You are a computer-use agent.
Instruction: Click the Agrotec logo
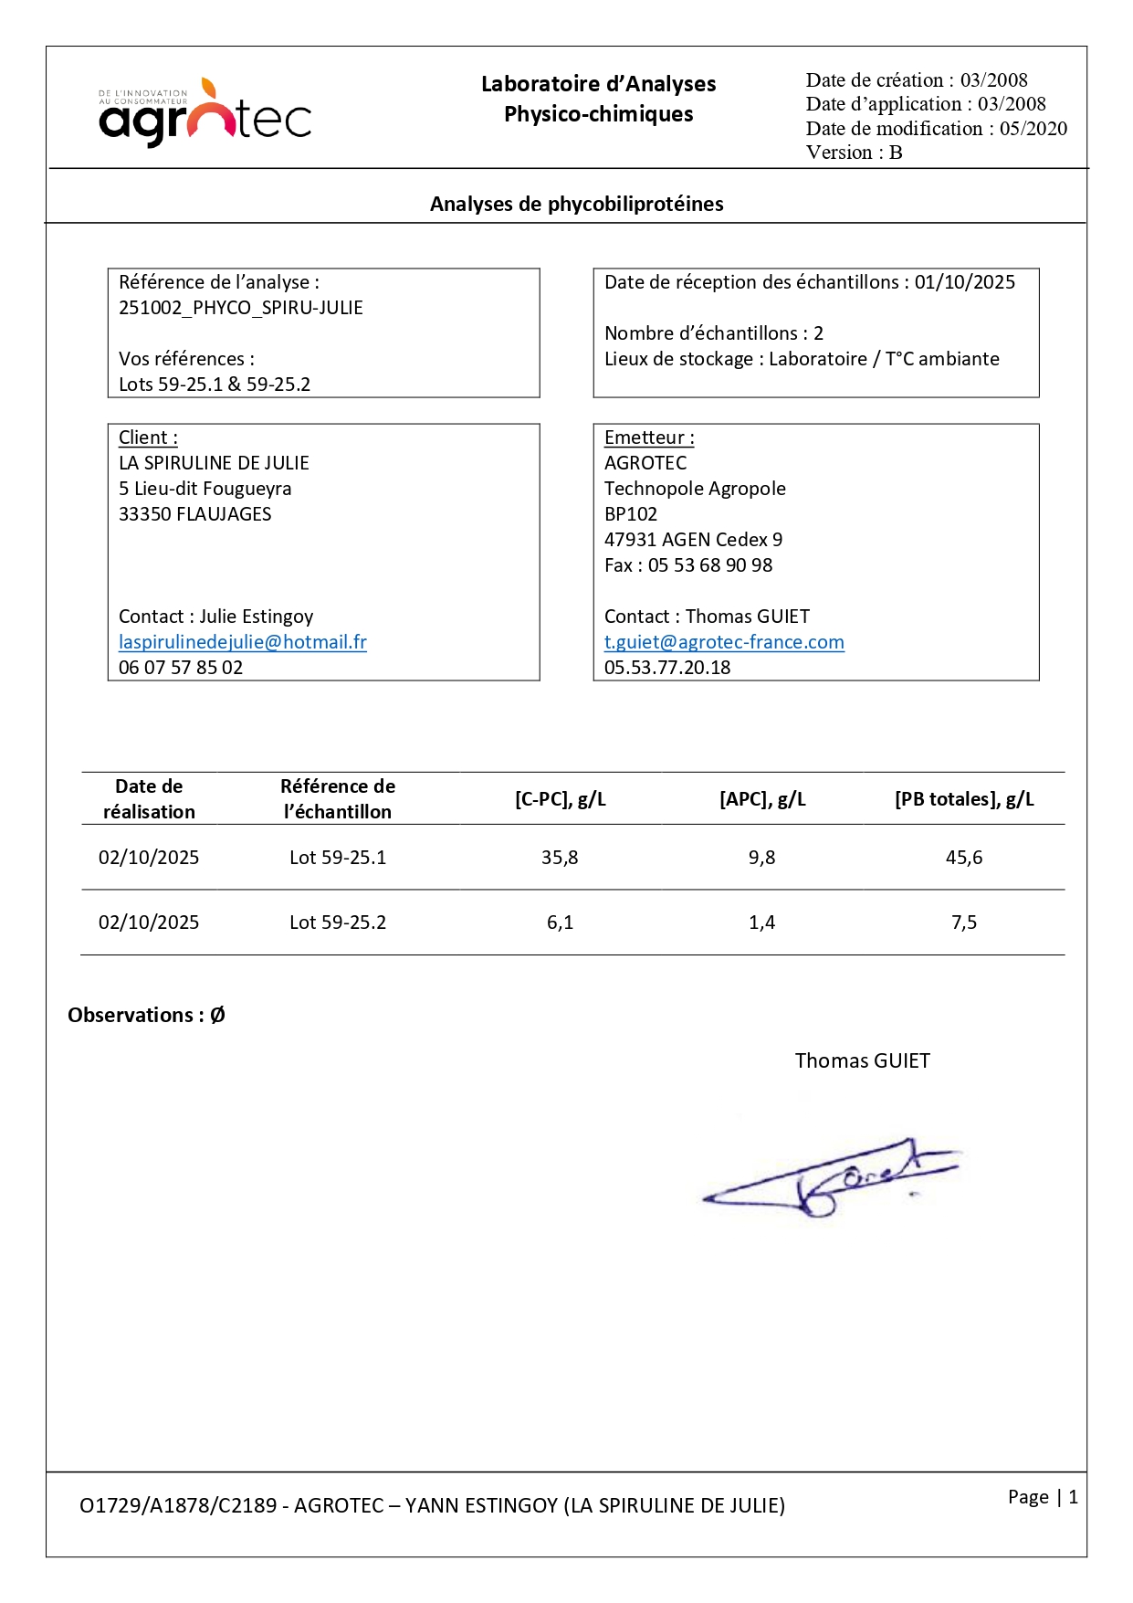205,113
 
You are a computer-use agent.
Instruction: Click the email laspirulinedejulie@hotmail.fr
243,642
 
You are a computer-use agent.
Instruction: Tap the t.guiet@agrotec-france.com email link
724,642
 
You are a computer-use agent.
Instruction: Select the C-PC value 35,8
560,858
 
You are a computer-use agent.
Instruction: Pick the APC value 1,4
761,923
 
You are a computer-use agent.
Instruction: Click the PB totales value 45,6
964,858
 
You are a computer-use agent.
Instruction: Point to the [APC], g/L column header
762,799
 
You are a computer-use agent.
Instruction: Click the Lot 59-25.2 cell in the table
338,923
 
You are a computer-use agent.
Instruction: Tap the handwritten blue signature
831,1179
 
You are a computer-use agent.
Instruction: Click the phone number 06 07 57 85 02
181,668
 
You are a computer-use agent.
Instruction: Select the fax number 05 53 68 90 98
710,565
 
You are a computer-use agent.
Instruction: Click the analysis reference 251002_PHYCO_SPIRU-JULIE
241,308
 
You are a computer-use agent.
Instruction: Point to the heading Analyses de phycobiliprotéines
576,204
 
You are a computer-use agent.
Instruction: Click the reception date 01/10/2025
964,282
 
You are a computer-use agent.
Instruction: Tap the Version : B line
854,153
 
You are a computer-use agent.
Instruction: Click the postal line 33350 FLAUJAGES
195,514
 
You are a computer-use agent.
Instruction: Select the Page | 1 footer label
1043,1496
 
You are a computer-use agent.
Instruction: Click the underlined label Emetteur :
649,438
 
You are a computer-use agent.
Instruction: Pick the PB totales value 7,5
964,923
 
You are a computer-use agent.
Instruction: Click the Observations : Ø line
146,1015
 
